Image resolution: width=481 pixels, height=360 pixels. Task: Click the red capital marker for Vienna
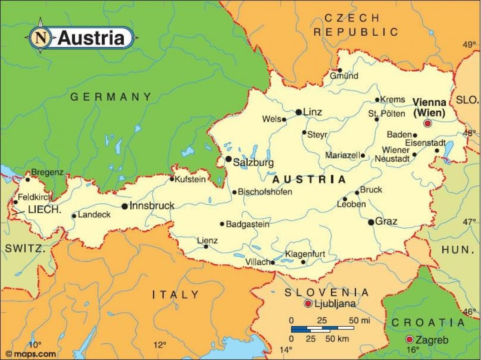(x=428, y=123)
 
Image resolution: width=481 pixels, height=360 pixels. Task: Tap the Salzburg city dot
(x=228, y=159)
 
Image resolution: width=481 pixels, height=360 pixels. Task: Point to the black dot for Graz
(x=371, y=222)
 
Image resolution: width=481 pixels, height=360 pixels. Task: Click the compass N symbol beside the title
(x=40, y=38)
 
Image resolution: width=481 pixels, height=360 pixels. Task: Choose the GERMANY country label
(x=111, y=97)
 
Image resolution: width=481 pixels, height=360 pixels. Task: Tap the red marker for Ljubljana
(x=308, y=303)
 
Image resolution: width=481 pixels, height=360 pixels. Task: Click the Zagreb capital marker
(x=409, y=340)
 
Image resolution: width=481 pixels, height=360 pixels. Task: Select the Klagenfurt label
(x=305, y=254)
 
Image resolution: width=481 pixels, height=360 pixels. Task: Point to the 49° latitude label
(x=469, y=44)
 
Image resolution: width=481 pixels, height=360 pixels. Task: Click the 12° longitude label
(x=160, y=345)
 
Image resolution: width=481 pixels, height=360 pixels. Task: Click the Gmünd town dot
(x=340, y=70)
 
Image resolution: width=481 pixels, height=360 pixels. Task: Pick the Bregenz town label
(x=47, y=172)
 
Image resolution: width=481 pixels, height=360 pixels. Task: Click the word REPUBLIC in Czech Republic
(x=356, y=32)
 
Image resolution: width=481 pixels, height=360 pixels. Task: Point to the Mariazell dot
(x=363, y=156)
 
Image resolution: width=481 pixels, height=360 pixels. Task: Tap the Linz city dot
(x=299, y=112)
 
